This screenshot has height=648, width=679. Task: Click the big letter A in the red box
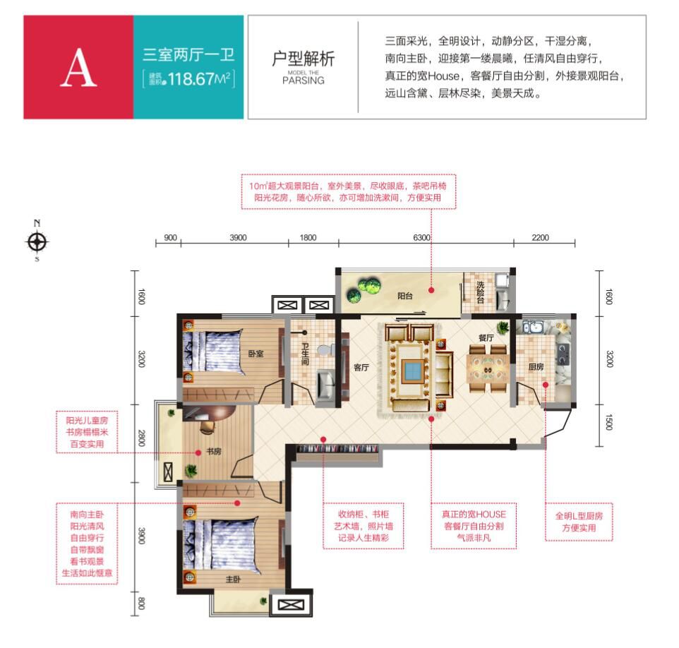pyautogui.click(x=78, y=68)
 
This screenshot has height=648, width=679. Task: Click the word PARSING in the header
pyautogui.click(x=303, y=80)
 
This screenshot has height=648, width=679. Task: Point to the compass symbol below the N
pyautogui.click(x=37, y=241)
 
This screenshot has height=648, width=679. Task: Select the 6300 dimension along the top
pyautogui.click(x=421, y=237)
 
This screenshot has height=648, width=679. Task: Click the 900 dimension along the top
pyautogui.click(x=171, y=237)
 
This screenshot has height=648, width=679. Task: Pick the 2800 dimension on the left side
pyautogui.click(x=141, y=438)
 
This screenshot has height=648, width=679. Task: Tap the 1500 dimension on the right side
pyautogui.click(x=609, y=422)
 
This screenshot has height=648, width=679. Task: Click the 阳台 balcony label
pyautogui.click(x=405, y=296)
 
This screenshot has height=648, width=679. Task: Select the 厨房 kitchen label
pyautogui.click(x=536, y=367)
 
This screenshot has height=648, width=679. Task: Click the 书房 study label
pyautogui.click(x=214, y=451)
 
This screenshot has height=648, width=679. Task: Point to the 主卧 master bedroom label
pyautogui.click(x=233, y=579)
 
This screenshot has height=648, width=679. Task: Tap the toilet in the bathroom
pyautogui.click(x=325, y=349)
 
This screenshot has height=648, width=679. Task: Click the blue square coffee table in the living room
pyautogui.click(x=409, y=370)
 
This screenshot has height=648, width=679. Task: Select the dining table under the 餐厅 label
pyautogui.click(x=487, y=369)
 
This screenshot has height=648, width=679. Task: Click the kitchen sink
pyautogui.click(x=532, y=328)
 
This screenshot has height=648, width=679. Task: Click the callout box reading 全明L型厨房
pyautogui.click(x=579, y=522)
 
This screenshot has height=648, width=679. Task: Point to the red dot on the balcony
pyautogui.click(x=431, y=290)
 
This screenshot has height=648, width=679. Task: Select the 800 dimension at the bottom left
pyautogui.click(x=141, y=603)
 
